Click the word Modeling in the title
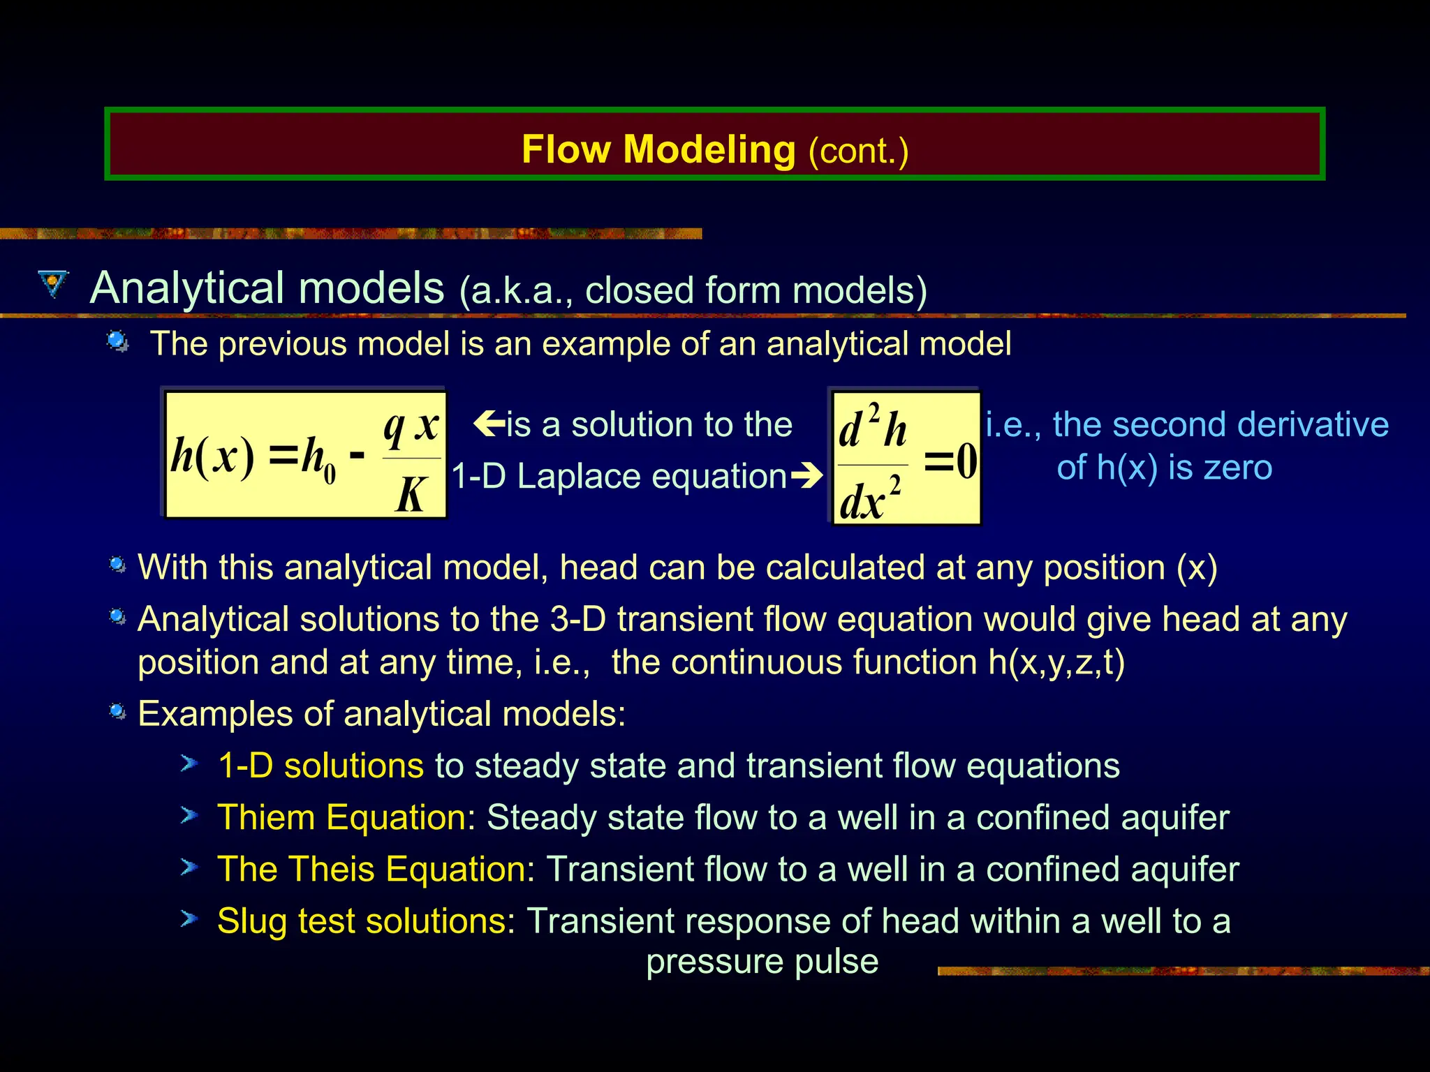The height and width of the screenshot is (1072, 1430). coord(709,150)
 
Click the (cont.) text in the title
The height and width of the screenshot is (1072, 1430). coord(858,151)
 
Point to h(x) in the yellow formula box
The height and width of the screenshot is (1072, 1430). coord(212,457)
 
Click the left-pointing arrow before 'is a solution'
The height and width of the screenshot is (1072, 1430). coord(488,423)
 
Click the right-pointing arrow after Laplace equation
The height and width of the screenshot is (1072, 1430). coord(808,476)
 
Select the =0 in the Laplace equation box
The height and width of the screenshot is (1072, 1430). coord(950,461)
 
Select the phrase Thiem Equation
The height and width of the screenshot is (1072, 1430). coord(341,817)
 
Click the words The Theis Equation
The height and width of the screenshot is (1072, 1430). coord(371,869)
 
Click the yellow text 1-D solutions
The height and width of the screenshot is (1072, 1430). coord(320,766)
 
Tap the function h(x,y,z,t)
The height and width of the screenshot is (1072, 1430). coord(1056,662)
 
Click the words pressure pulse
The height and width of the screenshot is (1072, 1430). coord(762,962)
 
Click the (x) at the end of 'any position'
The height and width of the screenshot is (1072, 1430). coord(1197,567)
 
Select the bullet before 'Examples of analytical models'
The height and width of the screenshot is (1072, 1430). coord(118,711)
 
